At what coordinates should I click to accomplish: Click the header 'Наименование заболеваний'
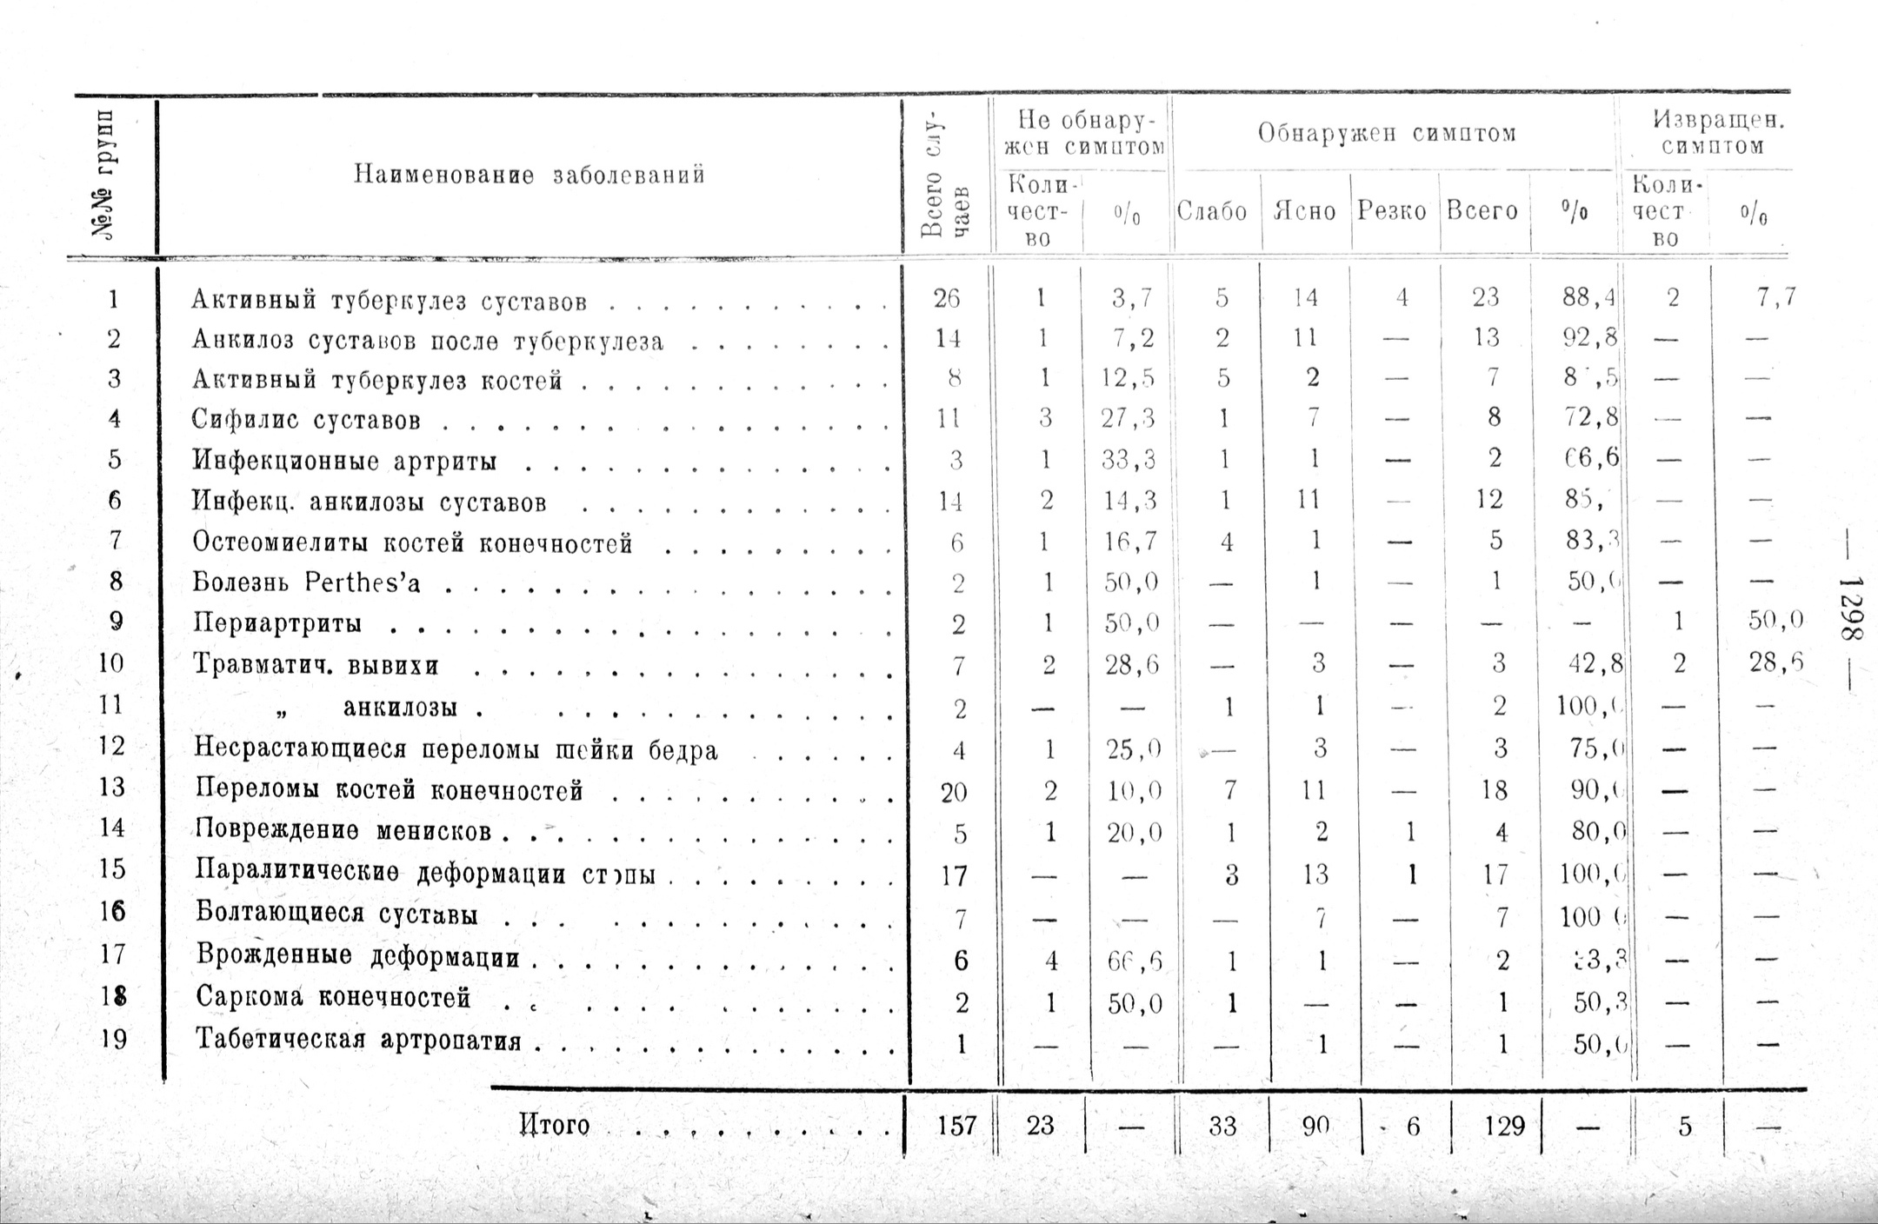point(529,176)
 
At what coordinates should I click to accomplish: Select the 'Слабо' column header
point(1211,211)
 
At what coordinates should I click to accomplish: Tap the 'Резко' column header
point(1392,211)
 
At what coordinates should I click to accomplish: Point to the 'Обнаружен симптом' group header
point(1387,134)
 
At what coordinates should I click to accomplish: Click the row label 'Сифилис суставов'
point(306,421)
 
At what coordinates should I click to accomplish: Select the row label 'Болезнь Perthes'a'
point(306,582)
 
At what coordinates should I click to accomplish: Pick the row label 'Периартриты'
point(276,624)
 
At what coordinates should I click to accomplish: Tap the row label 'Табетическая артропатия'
point(358,1040)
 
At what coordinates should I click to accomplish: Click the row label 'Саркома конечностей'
point(333,997)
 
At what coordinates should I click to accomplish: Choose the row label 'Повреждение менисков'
point(343,831)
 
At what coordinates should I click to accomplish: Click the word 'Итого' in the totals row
point(554,1126)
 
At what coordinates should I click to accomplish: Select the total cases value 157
point(956,1127)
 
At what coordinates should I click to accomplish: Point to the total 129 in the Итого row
point(1504,1127)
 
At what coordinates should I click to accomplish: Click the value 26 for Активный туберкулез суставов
point(947,299)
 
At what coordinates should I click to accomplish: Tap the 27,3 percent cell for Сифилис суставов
point(1128,419)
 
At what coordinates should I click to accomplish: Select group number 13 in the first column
point(112,788)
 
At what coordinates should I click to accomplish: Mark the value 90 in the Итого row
point(1315,1127)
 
